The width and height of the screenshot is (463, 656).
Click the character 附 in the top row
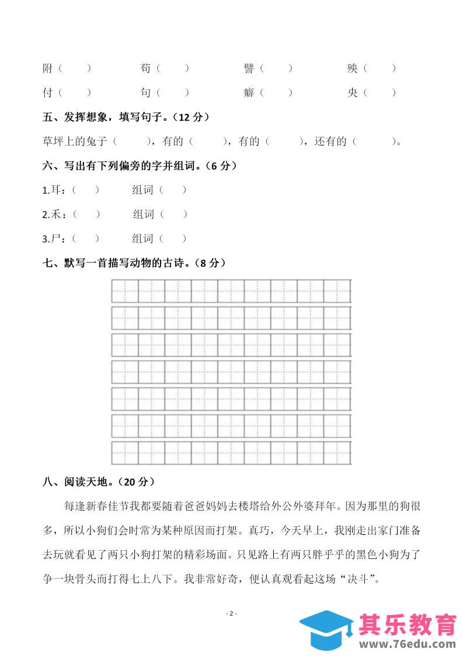click(48, 68)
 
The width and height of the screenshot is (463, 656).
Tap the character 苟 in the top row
click(146, 68)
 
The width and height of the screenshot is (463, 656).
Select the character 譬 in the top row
click(249, 68)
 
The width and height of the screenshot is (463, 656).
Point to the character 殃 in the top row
click(352, 68)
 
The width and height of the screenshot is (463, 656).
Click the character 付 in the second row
click(48, 92)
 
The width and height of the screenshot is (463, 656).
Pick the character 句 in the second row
click(146, 92)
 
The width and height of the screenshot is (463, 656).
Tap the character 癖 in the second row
click(249, 92)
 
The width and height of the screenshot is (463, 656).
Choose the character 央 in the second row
click(352, 92)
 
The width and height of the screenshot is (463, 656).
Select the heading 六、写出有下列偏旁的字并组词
click(140, 166)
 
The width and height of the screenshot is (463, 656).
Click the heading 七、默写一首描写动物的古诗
click(134, 263)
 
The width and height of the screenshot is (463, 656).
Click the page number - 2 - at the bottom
click(231, 613)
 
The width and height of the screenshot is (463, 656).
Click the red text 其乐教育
click(408, 625)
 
